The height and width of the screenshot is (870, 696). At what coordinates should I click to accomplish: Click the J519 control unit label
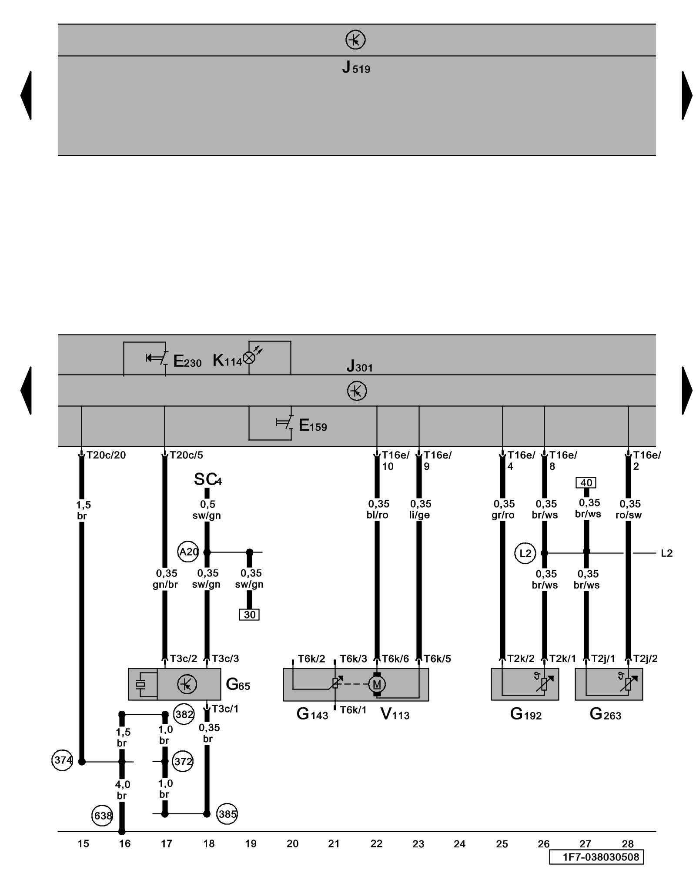[x=356, y=68]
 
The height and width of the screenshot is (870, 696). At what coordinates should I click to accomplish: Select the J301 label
[x=359, y=367]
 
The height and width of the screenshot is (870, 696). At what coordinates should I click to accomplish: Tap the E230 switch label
[x=187, y=361]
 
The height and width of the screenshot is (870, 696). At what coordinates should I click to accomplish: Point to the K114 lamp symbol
[x=249, y=358]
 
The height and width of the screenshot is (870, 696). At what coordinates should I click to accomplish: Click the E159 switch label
[x=312, y=425]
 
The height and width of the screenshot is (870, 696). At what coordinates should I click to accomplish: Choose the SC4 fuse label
[x=207, y=479]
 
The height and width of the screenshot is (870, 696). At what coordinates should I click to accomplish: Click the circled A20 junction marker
[x=188, y=552]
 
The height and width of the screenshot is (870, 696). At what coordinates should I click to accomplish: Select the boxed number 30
[x=249, y=615]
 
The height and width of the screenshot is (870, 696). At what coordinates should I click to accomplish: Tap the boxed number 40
[x=586, y=483]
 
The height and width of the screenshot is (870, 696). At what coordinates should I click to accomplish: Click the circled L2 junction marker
[x=525, y=553]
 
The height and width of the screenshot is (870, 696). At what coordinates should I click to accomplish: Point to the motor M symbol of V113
[x=377, y=684]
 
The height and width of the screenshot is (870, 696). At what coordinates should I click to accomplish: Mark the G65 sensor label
[x=238, y=685]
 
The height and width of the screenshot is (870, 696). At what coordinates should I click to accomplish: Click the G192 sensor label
[x=525, y=714]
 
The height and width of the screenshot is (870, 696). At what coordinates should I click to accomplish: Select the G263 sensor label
[x=605, y=714]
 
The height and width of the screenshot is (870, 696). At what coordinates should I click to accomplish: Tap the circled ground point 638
[x=103, y=816]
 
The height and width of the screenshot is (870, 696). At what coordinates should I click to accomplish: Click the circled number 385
[x=228, y=814]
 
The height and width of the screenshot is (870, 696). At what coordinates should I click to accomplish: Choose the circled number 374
[x=62, y=760]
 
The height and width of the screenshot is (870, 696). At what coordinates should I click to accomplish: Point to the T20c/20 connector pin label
[x=106, y=455]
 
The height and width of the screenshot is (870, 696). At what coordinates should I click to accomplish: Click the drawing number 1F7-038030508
[x=596, y=857]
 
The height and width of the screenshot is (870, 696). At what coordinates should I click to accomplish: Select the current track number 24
[x=459, y=844]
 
